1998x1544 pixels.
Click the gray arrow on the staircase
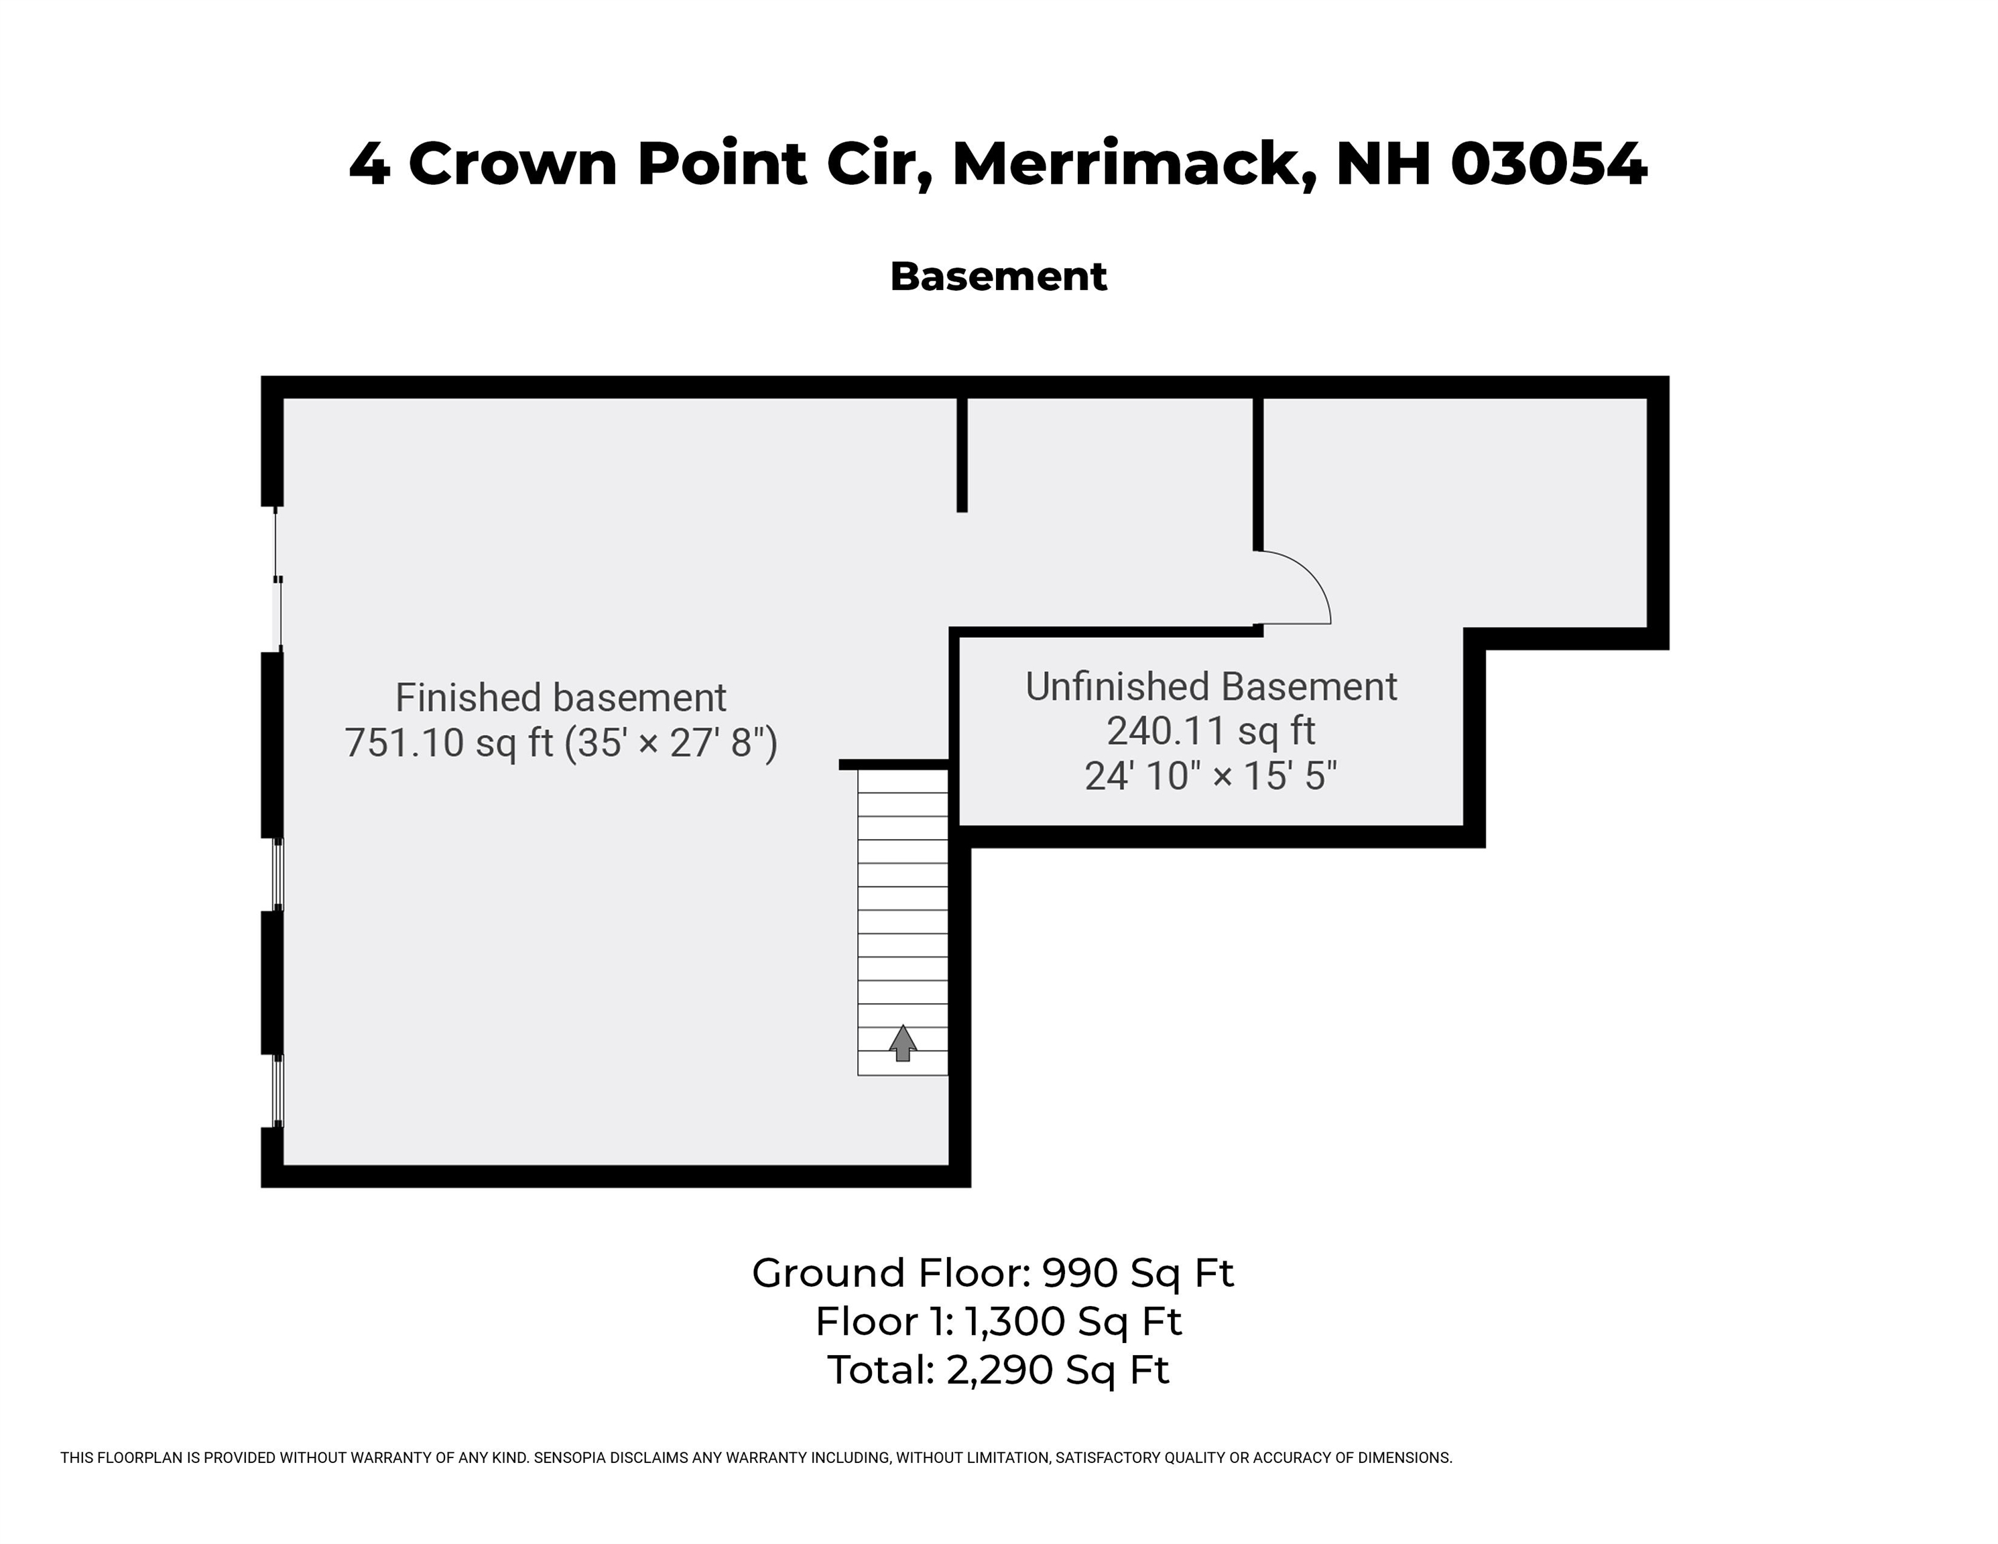click(x=903, y=1043)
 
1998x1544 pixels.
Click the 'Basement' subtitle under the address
click(x=998, y=276)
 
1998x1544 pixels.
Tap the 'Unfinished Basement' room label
click(x=1210, y=687)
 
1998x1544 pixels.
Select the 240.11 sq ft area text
click(x=1210, y=731)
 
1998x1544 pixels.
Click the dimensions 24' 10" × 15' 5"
click(x=1210, y=777)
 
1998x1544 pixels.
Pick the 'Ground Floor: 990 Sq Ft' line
click(x=993, y=1273)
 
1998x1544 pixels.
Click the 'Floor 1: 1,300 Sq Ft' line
click(x=998, y=1321)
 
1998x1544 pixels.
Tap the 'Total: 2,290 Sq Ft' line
click(x=998, y=1369)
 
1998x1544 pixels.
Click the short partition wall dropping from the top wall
click(x=962, y=454)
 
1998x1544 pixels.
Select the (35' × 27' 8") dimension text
click(x=670, y=743)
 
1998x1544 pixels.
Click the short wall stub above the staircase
click(x=893, y=765)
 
